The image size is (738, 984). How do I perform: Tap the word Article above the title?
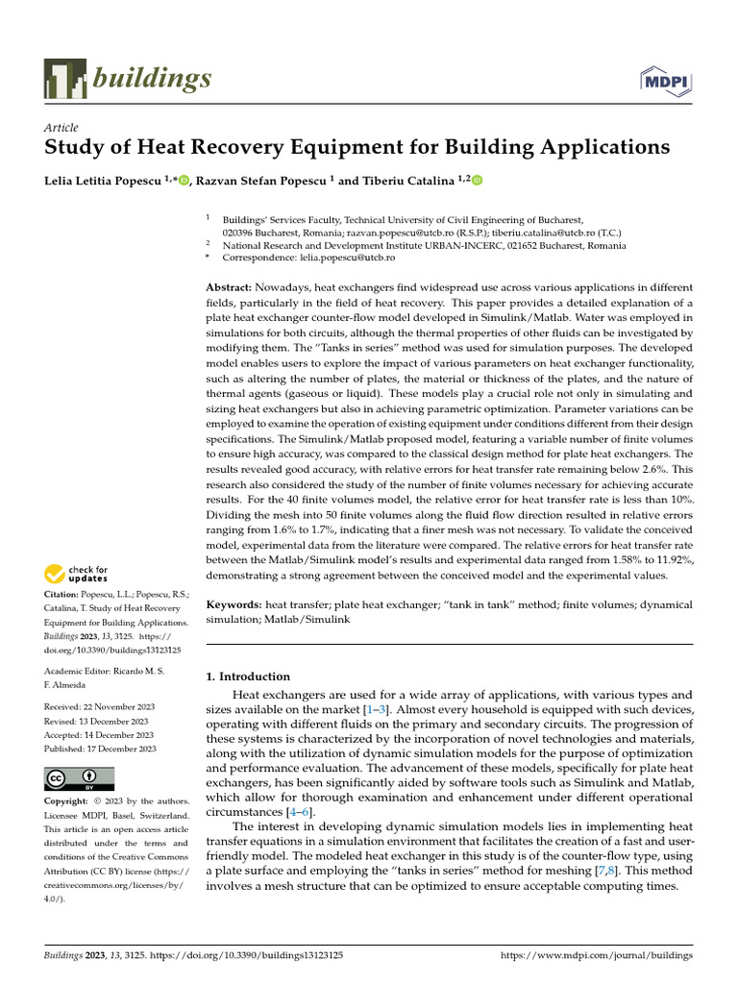point(61,128)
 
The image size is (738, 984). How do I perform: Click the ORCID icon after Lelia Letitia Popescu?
point(184,180)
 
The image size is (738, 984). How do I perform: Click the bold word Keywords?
point(234,605)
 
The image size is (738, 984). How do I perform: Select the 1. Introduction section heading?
point(249,676)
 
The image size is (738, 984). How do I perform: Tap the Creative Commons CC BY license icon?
point(79,778)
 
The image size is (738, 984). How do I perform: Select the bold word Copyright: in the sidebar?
point(66,801)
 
